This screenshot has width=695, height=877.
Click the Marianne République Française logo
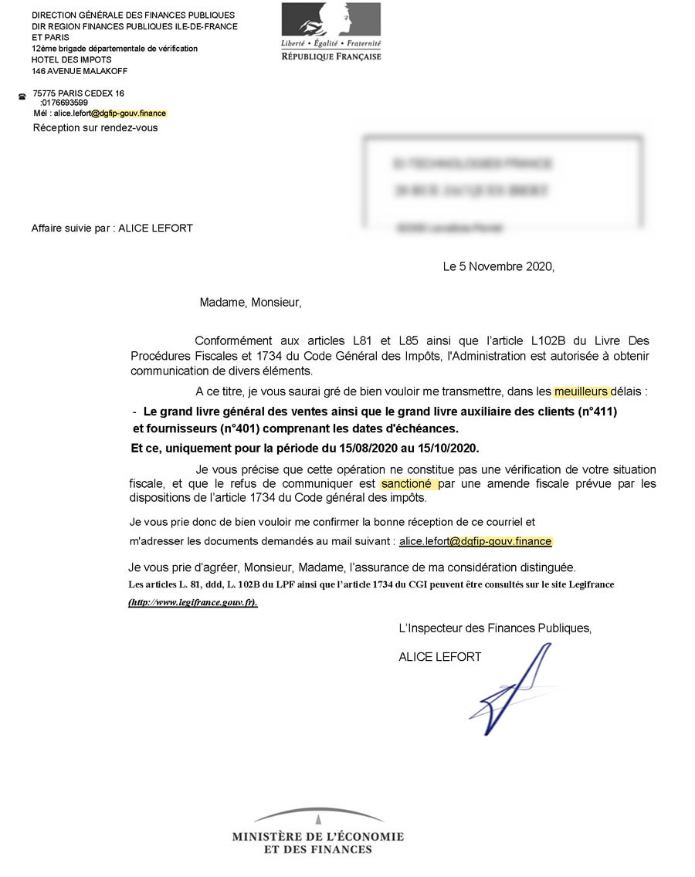331,32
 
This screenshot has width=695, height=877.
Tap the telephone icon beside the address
22,97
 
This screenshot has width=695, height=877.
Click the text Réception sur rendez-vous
95,127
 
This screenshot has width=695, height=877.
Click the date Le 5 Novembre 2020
498,267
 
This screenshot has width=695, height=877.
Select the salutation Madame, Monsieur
250,303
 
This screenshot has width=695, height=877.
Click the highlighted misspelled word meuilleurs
581,391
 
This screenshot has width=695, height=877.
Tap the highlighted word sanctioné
409,484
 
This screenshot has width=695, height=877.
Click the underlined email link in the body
475,542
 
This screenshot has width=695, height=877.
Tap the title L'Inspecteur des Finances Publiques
495,628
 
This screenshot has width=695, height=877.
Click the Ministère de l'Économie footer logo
317,832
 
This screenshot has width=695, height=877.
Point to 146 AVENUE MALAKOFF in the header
80,71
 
